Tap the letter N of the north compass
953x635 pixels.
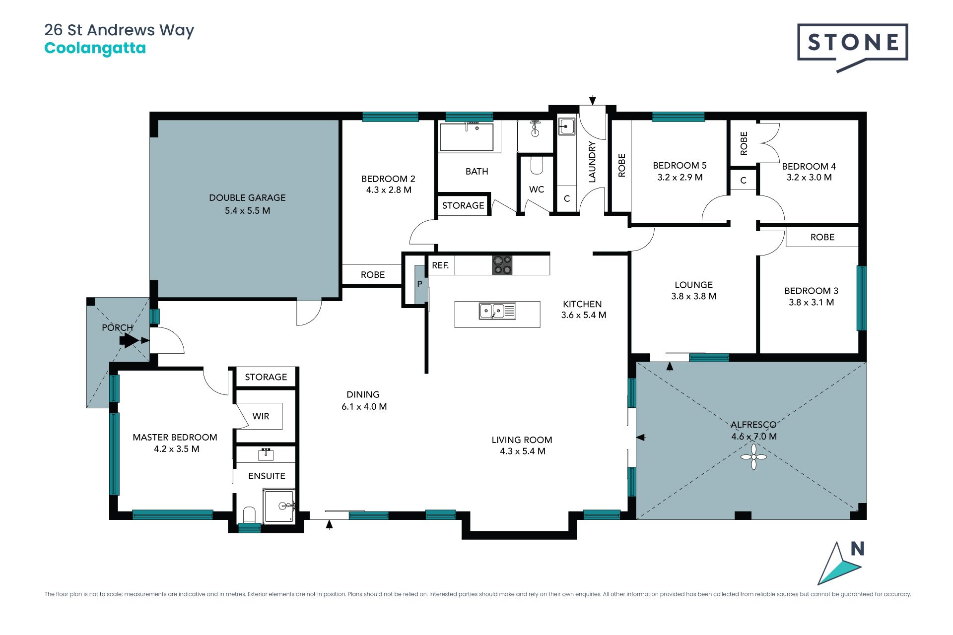(x=858, y=549)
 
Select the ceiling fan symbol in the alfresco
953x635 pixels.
(x=753, y=456)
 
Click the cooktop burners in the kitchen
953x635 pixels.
(x=502, y=265)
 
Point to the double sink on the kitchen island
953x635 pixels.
(x=497, y=311)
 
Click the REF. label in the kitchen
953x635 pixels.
(x=440, y=265)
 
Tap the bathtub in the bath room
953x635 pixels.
(x=467, y=136)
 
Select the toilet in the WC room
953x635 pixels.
(x=537, y=166)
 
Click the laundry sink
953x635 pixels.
(x=566, y=127)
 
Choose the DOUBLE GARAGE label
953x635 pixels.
(x=247, y=197)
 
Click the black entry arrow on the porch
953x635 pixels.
(x=129, y=340)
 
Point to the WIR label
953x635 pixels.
(x=261, y=416)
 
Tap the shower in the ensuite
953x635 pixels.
(x=279, y=506)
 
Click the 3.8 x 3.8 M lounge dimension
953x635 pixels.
(x=693, y=296)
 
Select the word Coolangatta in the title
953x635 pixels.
(x=95, y=48)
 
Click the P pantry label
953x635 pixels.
(x=419, y=284)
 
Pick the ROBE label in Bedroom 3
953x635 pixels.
(x=822, y=237)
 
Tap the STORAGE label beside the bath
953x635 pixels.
(x=463, y=205)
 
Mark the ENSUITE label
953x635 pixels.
(x=267, y=476)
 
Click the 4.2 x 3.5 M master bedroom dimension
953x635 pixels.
(x=176, y=449)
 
